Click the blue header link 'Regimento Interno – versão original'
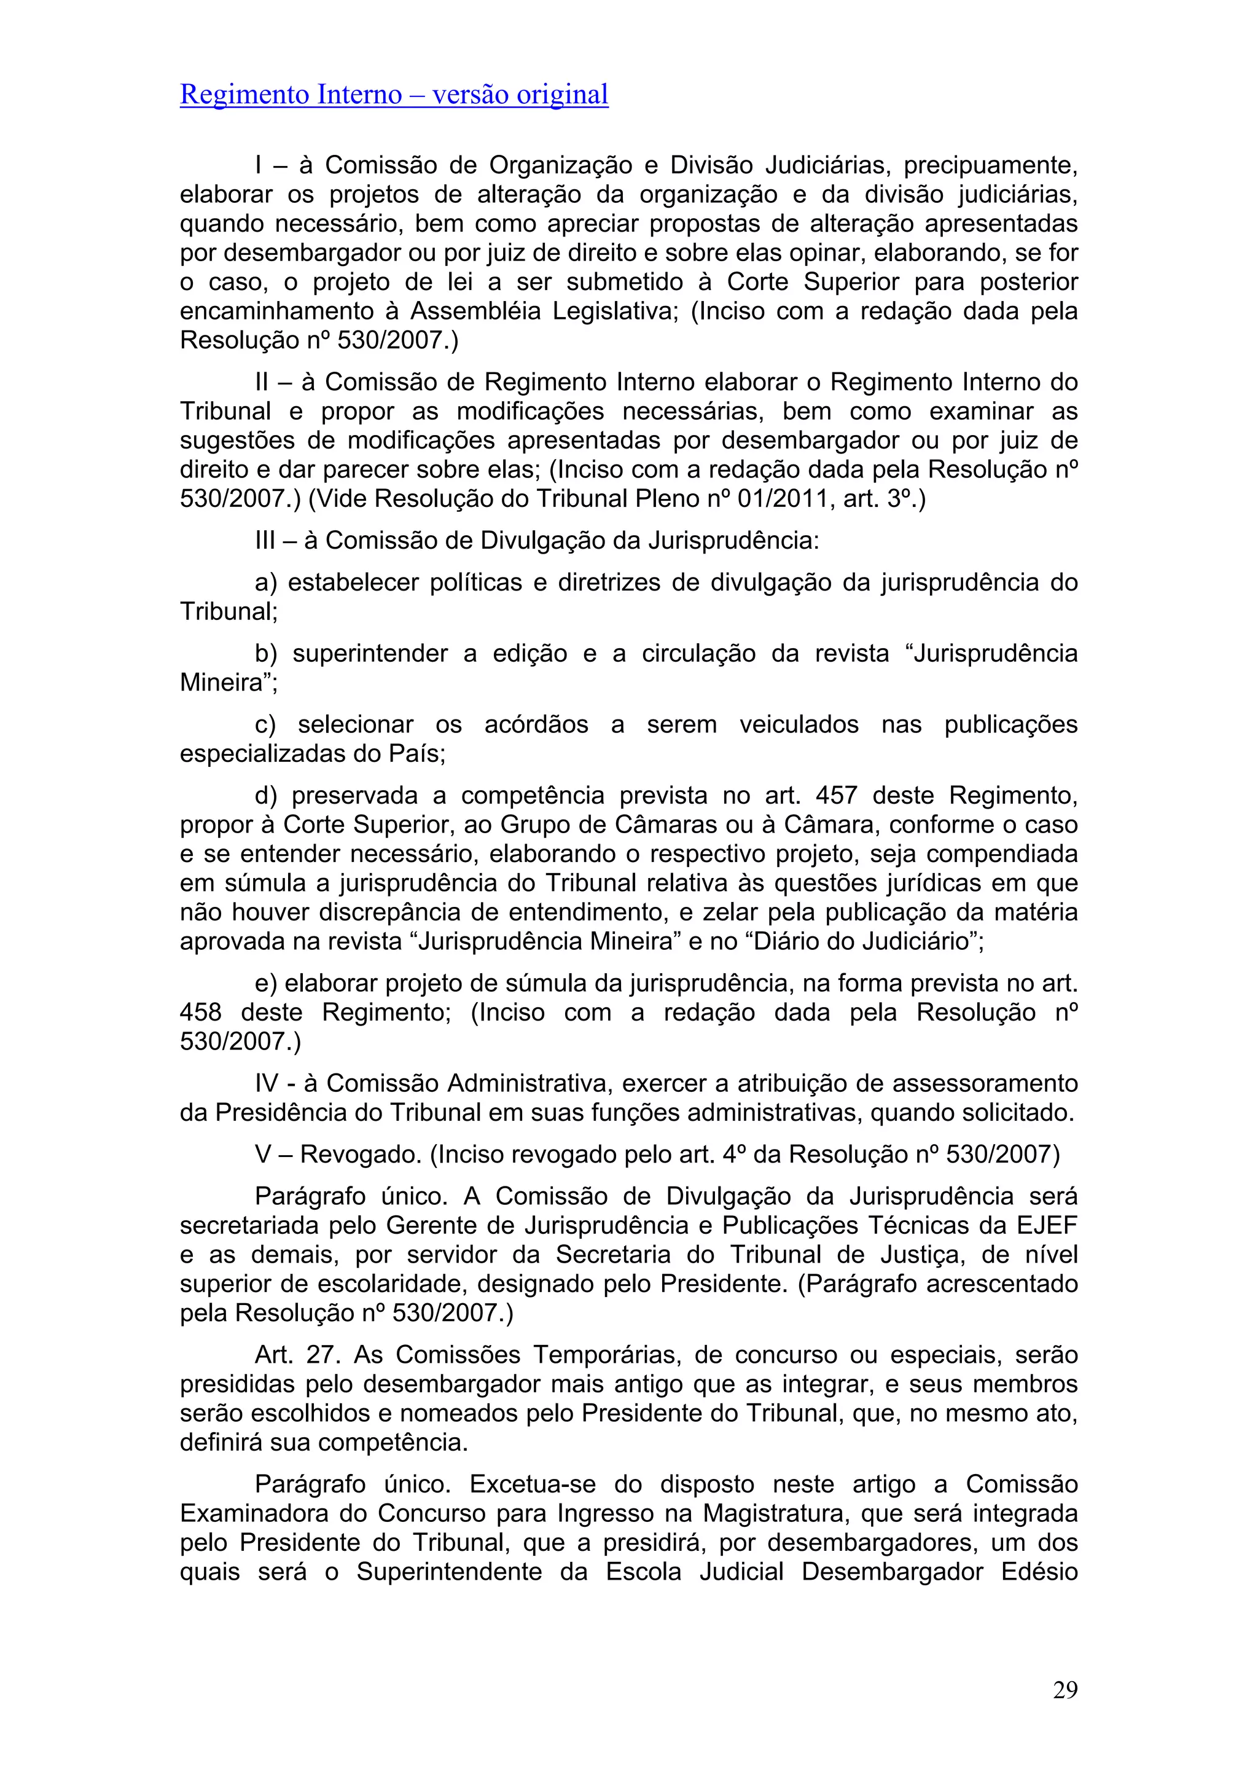394,95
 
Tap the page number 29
1065,1689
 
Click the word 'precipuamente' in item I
990,165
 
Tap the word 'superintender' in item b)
370,654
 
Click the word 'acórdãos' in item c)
536,725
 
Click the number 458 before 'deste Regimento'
201,1013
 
